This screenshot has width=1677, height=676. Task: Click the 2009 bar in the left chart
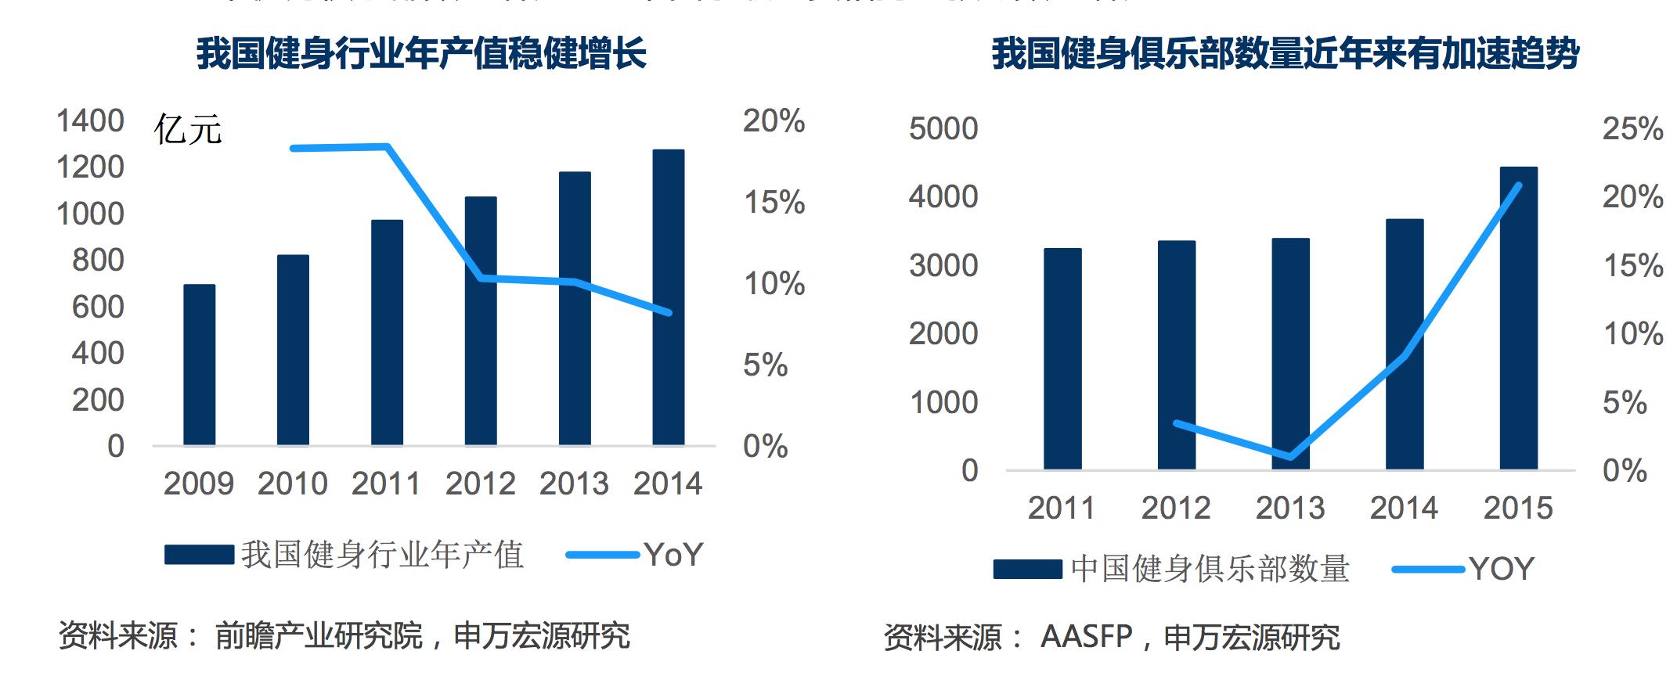coord(199,365)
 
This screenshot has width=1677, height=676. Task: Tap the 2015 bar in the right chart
coord(1518,318)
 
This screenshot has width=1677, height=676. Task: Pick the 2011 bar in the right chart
coord(1062,359)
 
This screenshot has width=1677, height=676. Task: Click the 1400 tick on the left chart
coord(90,121)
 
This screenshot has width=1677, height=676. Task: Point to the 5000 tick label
coord(943,129)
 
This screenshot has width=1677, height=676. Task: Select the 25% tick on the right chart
coord(1632,129)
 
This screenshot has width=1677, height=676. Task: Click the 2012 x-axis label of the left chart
coord(480,484)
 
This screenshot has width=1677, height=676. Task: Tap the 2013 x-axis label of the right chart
coord(1290,509)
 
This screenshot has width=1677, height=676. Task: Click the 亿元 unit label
coord(188,130)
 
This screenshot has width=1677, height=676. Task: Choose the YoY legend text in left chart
coord(674,556)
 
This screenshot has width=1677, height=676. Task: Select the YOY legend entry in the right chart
coord(1502,569)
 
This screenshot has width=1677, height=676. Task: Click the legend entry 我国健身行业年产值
coord(382,556)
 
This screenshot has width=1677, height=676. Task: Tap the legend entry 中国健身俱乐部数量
coord(1210,569)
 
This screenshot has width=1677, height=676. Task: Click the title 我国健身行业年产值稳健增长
coord(421,54)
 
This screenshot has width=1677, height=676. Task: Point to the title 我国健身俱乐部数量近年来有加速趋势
coord(1285,54)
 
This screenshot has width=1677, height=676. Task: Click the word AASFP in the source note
coord(1086,637)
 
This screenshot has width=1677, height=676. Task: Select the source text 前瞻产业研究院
coord(319,636)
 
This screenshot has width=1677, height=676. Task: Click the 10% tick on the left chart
coord(774,284)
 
